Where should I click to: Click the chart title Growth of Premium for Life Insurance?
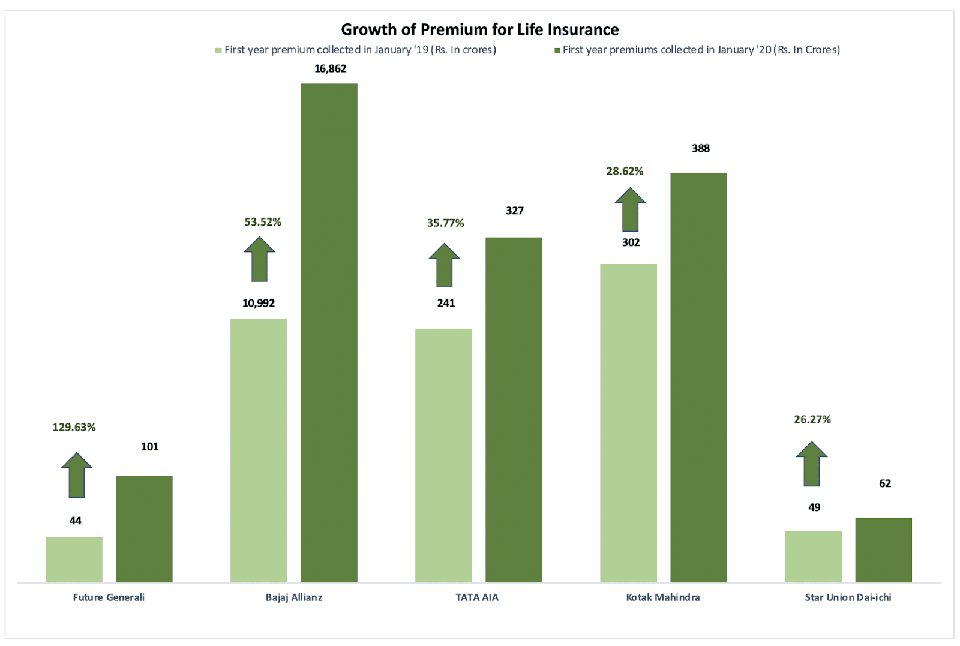(479, 29)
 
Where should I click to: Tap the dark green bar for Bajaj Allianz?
(329, 333)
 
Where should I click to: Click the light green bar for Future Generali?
(74, 559)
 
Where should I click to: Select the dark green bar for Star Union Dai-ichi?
(883, 550)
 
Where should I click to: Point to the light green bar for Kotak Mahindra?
(628, 423)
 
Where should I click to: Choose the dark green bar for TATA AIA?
(514, 410)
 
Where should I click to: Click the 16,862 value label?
(330, 69)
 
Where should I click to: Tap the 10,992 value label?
(259, 304)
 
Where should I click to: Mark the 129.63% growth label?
(74, 428)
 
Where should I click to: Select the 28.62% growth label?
(625, 172)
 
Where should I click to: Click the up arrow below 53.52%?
(259, 259)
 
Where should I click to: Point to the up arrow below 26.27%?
(812, 464)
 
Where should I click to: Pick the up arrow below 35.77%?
(444, 266)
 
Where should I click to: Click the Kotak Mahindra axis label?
(663, 597)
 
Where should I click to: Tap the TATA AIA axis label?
(477, 597)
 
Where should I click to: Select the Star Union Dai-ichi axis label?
(848, 597)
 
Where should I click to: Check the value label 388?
(700, 149)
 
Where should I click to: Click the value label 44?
(75, 521)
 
